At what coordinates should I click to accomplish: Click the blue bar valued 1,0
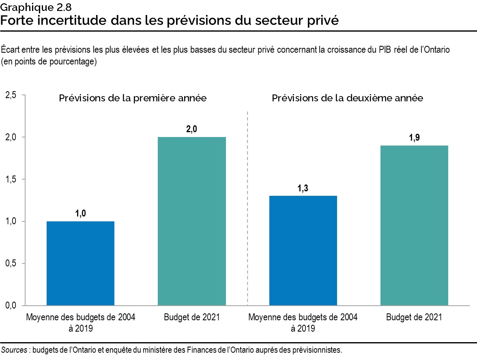pos(80,263)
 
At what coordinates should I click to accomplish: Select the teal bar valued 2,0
pos(191,221)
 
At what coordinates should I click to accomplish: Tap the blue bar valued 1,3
pos(303,250)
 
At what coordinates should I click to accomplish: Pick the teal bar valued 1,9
pos(414,225)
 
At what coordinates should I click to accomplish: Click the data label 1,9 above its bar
pos(414,137)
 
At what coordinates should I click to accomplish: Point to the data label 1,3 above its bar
pos(303,188)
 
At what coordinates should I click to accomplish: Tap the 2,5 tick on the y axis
pos(11,95)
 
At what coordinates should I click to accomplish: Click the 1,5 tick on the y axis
pos(11,179)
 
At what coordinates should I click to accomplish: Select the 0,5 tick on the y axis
pos(11,264)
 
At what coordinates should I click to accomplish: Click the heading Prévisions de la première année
pos(133,99)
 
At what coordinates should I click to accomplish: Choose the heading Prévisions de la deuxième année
pos(348,99)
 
